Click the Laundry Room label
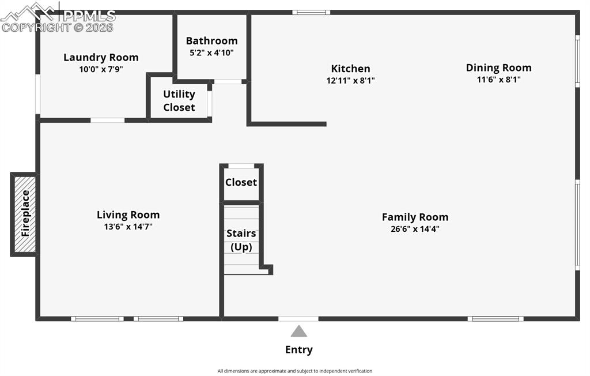[x=101, y=57]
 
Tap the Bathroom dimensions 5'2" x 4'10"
[x=211, y=52]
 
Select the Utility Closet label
[x=179, y=101]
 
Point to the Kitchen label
[x=350, y=69]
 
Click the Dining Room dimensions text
[x=498, y=80]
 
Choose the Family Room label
[x=415, y=217]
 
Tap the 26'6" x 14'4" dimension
[x=415, y=228]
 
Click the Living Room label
[x=128, y=215]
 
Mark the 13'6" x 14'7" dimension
[x=128, y=227]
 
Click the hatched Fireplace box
[x=25, y=214]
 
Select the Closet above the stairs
[x=241, y=182]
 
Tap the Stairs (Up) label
[x=241, y=240]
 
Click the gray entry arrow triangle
[x=298, y=332]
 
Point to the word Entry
[x=298, y=349]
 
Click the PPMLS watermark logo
[x=58, y=17]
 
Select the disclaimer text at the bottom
[x=294, y=371]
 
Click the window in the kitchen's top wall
[x=311, y=12]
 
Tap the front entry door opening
[x=298, y=318]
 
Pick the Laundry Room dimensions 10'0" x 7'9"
[x=101, y=69]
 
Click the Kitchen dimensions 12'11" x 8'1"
[x=350, y=81]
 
